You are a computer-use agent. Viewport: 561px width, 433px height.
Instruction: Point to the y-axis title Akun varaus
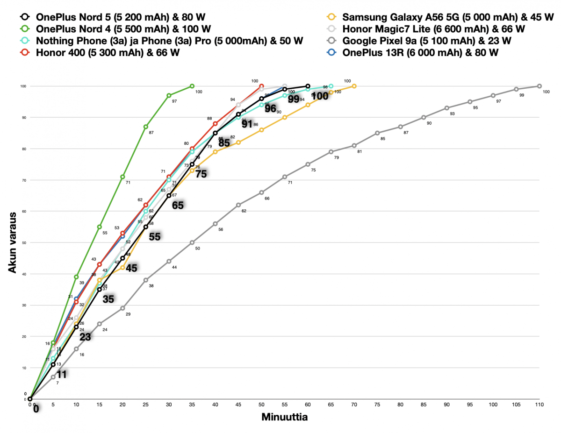coord(14,242)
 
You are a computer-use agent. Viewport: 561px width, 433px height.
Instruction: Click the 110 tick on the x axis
coord(539,405)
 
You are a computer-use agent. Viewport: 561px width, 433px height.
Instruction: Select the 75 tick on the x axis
coord(377,405)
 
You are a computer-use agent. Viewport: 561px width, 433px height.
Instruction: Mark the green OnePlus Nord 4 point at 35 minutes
coord(192,86)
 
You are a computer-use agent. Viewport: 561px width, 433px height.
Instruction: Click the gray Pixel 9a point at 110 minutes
coord(539,86)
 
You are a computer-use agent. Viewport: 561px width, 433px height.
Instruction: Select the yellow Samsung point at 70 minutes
coord(354,86)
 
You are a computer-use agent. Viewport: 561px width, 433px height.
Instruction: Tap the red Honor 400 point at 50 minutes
coord(261,86)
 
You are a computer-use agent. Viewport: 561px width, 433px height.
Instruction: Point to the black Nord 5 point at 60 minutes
coord(308,86)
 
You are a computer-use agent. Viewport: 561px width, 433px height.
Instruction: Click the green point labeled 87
coord(146,127)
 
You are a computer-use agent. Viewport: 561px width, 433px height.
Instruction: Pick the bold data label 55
coord(155,237)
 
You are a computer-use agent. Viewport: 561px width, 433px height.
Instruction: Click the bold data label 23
coord(85,337)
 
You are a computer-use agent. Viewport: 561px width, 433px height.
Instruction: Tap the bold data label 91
coord(247,124)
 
